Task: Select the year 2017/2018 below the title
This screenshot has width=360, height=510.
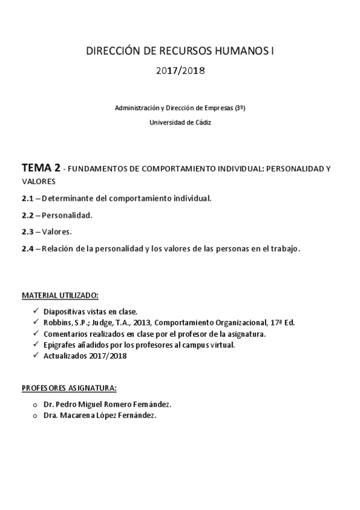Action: coord(181,71)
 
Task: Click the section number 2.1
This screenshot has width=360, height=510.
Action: coord(28,198)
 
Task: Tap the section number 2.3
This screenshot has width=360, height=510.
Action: coord(28,232)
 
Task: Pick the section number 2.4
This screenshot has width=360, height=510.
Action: coord(28,248)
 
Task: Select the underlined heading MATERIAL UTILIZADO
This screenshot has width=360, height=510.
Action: coord(60,296)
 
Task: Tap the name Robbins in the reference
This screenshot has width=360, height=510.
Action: coord(56,322)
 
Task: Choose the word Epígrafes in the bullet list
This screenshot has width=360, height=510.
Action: coord(61,345)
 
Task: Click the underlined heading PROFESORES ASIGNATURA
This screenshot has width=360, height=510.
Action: coord(69,388)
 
